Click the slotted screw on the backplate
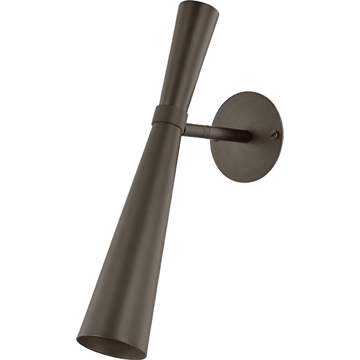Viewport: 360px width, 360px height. click(x=273, y=134)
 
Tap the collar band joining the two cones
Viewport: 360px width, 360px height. click(x=169, y=117)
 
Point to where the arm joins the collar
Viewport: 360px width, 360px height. click(x=186, y=129)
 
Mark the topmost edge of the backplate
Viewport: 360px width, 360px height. click(x=250, y=93)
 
